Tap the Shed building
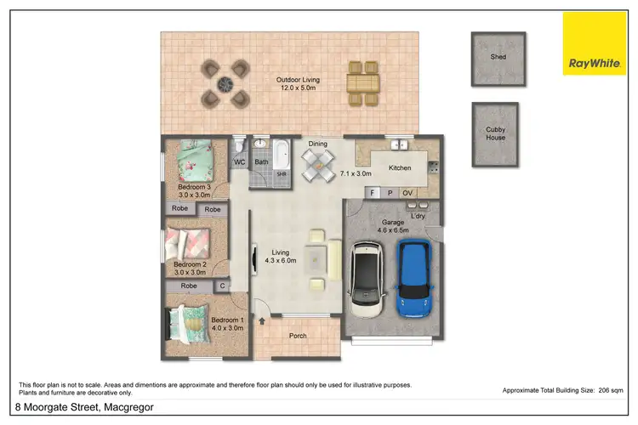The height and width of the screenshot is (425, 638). point(498,58)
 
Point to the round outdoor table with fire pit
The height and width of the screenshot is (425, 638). point(225,82)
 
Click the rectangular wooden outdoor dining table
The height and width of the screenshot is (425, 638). point(362,82)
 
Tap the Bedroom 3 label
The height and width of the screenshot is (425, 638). point(194,191)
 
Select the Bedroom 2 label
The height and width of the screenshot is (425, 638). point(190,269)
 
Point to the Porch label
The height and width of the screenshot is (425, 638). point(298,335)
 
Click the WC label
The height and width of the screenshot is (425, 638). point(239,161)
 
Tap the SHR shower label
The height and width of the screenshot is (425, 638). point(281,174)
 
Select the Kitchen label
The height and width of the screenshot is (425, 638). point(400,168)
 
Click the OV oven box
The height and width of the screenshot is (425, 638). point(407,193)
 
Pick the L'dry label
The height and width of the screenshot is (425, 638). point(418,216)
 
